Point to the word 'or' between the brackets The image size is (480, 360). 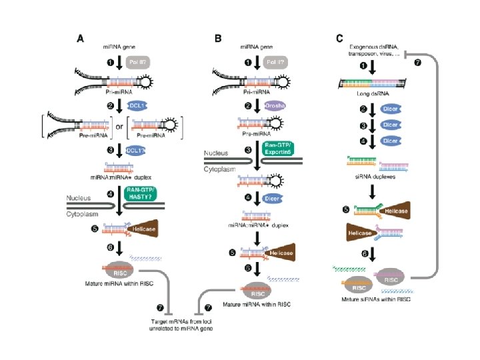[119, 127]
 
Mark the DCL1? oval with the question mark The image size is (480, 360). [138, 151]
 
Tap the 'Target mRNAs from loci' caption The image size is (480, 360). [183, 322]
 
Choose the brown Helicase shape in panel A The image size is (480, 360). [151, 229]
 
